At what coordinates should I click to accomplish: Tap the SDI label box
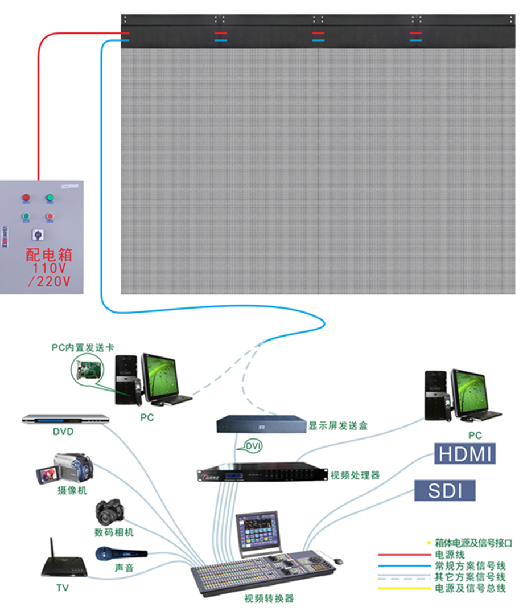pos(444,490)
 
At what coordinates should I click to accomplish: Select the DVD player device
pos(65,419)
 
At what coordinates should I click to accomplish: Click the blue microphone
pos(121,553)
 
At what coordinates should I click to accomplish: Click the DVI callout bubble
pos(253,446)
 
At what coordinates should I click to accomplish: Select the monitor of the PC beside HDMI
pos(470,392)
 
